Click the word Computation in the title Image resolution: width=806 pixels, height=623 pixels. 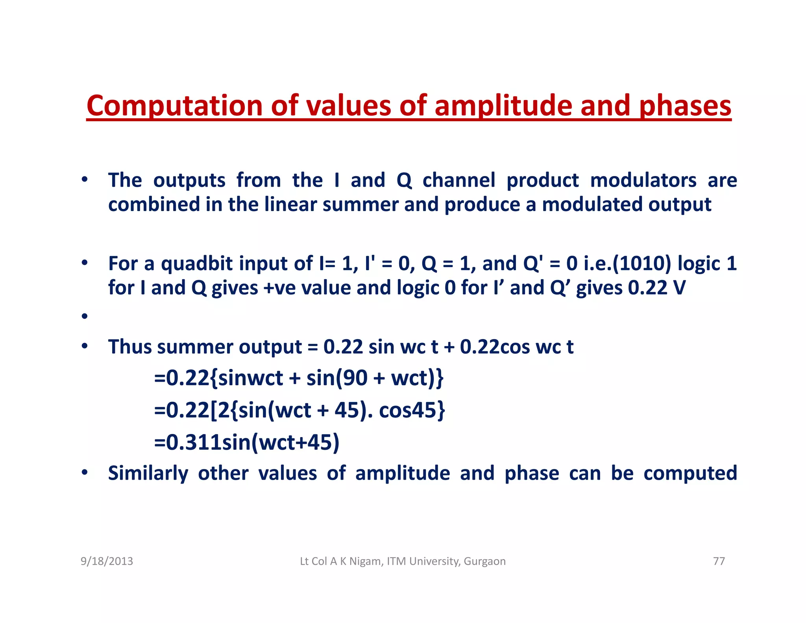[175, 106]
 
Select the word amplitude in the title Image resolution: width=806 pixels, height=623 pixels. [504, 106]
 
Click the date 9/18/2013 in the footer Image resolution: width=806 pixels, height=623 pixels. [107, 561]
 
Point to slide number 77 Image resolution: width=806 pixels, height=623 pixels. [719, 561]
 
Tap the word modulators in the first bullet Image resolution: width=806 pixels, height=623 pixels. [643, 180]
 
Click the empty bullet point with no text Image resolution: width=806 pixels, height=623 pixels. [84, 316]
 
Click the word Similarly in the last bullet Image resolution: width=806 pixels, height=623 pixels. [148, 473]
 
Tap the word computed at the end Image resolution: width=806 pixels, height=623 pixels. [690, 473]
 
